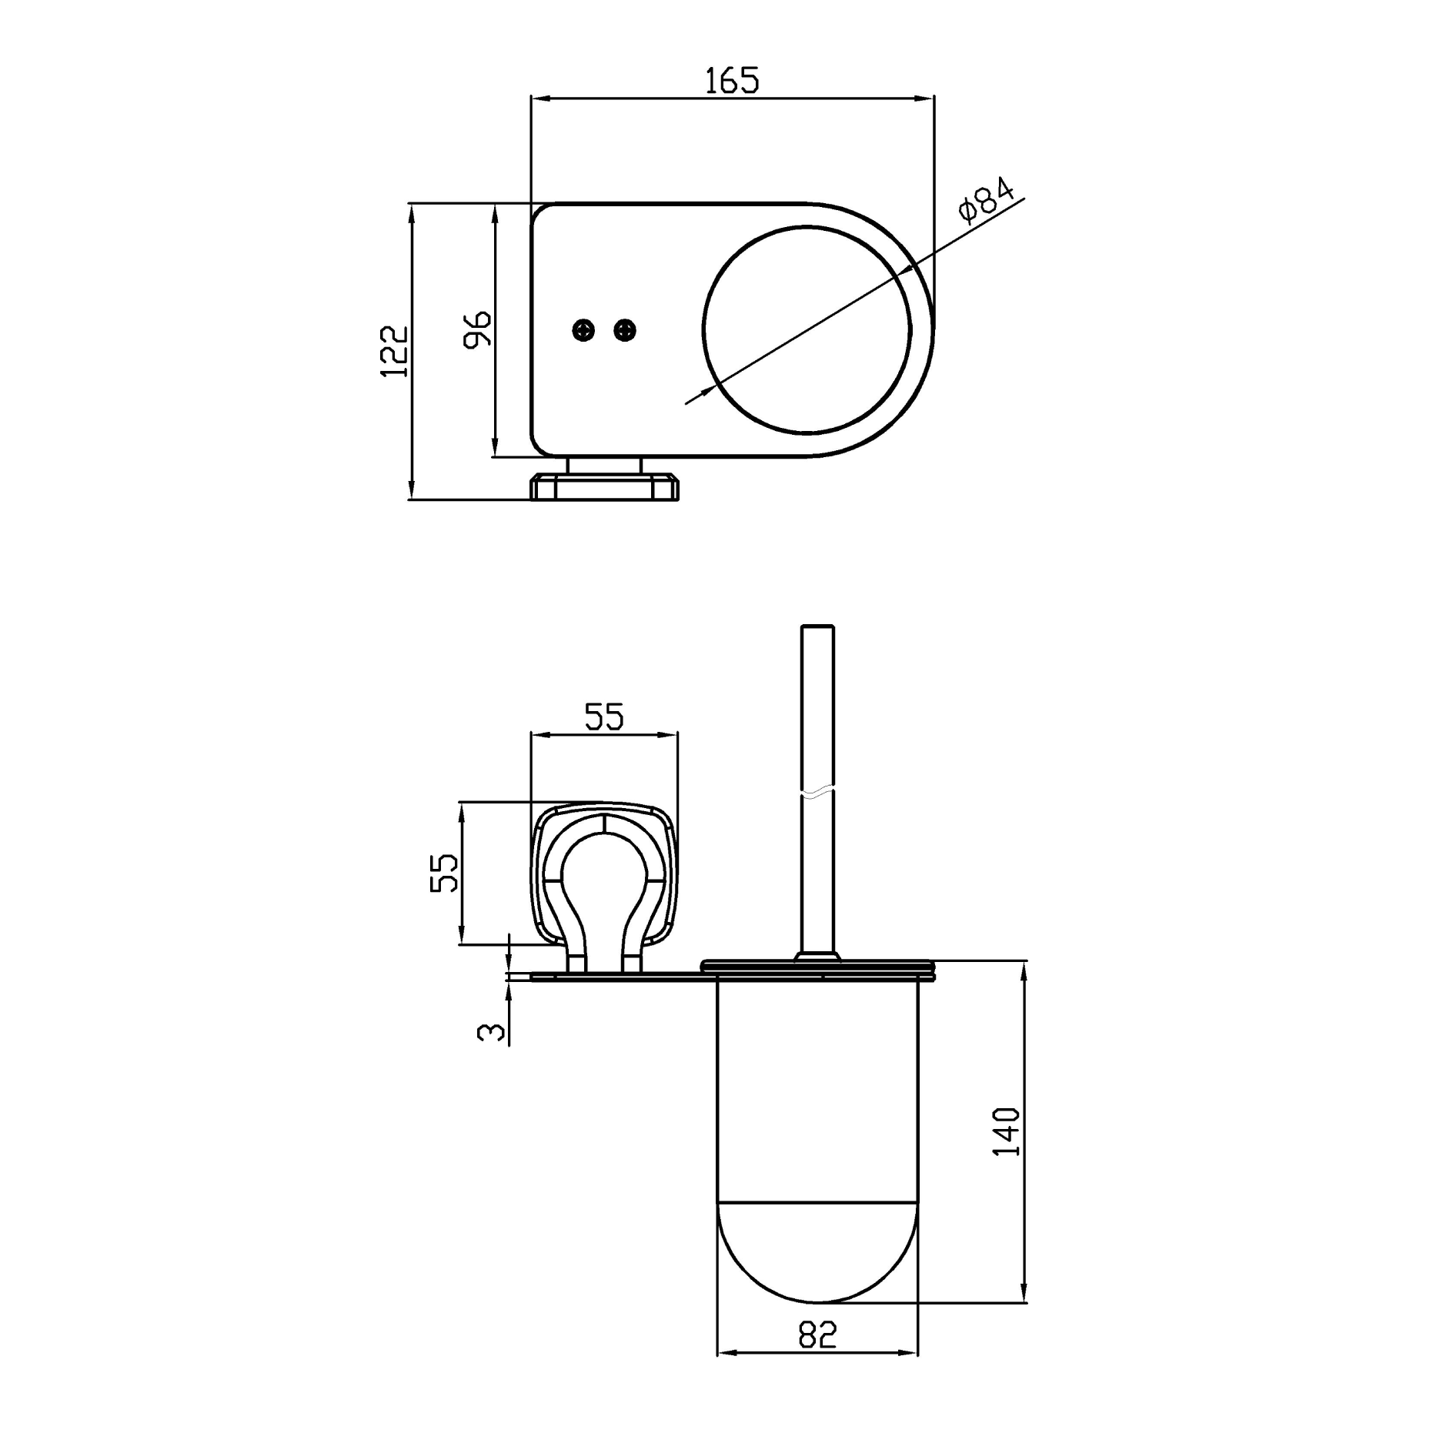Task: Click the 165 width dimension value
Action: (732, 80)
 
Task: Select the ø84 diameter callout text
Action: (987, 201)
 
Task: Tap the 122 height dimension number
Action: (395, 351)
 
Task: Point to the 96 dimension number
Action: (477, 329)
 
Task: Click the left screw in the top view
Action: (584, 331)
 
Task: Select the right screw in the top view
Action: (625, 331)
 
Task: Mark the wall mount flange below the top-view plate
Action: (605, 488)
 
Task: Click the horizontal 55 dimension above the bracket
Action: (604, 716)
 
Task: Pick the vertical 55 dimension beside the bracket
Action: (444, 873)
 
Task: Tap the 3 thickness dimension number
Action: (492, 1031)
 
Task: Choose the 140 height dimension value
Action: (1007, 1131)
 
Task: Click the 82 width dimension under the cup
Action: (817, 1335)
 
